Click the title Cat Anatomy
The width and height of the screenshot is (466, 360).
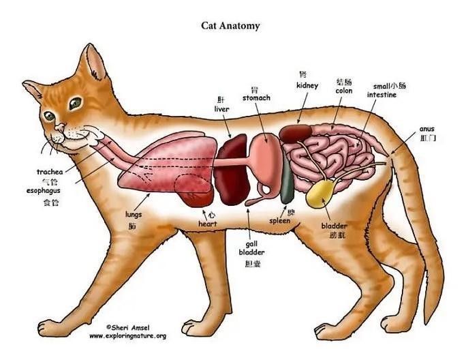[x=230, y=26]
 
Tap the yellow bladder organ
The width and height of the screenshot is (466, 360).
[x=321, y=194]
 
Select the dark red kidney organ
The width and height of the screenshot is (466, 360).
[x=296, y=133]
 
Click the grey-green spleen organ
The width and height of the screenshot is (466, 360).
[x=287, y=179]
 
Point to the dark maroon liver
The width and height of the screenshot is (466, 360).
[x=232, y=168]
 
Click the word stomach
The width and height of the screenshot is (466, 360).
[x=256, y=98]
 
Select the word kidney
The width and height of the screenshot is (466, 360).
[x=307, y=86]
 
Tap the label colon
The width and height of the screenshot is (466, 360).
[x=344, y=91]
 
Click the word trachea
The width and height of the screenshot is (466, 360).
[x=50, y=172]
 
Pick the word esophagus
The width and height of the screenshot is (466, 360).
[x=44, y=191]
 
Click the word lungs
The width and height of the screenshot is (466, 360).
[x=134, y=215]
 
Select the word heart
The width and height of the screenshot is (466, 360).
[x=208, y=224]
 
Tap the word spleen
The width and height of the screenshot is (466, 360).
[x=279, y=221]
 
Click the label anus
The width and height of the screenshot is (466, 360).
[x=427, y=129]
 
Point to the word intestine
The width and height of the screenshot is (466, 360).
[x=382, y=95]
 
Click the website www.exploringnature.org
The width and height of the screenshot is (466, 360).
[x=127, y=336]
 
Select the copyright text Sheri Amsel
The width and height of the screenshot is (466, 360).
[x=128, y=327]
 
